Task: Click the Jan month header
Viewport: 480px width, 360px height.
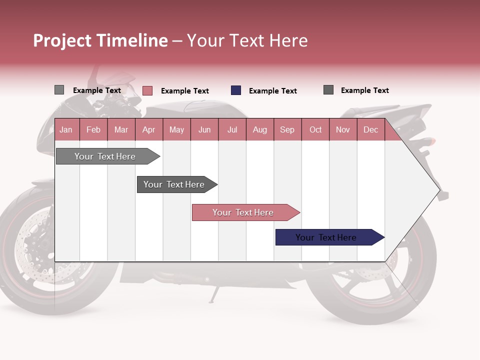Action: click(x=66, y=130)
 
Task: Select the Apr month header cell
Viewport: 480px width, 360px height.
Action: click(x=148, y=130)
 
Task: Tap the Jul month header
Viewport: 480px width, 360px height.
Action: click(x=232, y=130)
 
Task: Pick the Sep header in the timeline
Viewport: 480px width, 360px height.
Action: click(x=287, y=130)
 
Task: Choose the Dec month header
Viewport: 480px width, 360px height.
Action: click(x=370, y=130)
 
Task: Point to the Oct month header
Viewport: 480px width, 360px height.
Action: click(x=315, y=130)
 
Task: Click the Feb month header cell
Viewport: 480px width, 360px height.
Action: click(x=93, y=130)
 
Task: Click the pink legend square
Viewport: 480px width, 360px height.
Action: click(x=147, y=90)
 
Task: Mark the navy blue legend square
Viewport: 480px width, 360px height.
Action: click(x=236, y=90)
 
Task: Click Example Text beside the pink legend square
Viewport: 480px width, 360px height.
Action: click(x=184, y=91)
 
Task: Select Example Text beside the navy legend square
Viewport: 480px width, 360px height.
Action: click(x=272, y=91)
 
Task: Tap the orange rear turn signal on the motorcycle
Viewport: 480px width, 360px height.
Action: click(x=431, y=141)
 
